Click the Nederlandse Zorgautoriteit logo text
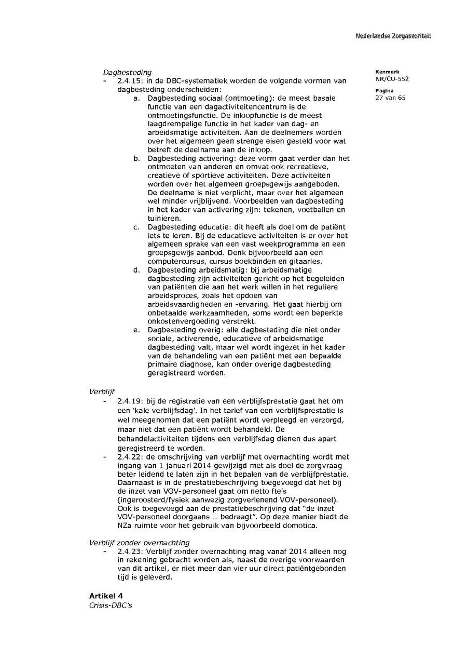tap(393, 36)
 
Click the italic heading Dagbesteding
tap(127, 72)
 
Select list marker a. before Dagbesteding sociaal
tap(136, 98)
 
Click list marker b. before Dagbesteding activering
tap(136, 158)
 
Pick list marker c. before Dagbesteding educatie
tap(136, 227)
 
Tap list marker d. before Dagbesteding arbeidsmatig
tap(136, 270)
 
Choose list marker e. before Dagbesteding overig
tap(136, 330)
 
